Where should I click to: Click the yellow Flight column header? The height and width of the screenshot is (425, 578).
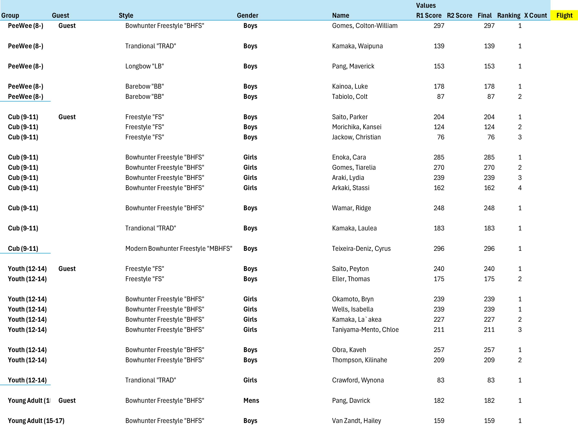pyautogui.click(x=564, y=15)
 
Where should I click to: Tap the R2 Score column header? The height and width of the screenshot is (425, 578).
pyautogui.click(x=459, y=15)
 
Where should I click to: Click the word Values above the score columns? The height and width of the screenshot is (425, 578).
pyautogui.click(x=426, y=6)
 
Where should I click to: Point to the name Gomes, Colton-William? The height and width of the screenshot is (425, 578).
pyautogui.click(x=365, y=26)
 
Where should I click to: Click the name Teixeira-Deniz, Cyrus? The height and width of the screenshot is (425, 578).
pyautogui.click(x=361, y=249)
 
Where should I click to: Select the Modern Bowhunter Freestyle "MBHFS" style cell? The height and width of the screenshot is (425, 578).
pyautogui.click(x=179, y=249)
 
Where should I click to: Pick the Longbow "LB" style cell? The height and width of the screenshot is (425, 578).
pyautogui.click(x=144, y=66)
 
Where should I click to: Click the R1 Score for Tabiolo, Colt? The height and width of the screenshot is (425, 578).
pyautogui.click(x=440, y=97)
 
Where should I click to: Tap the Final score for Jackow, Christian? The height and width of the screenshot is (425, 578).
pyautogui.click(x=491, y=137)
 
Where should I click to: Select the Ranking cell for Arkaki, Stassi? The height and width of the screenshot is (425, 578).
pyautogui.click(x=519, y=188)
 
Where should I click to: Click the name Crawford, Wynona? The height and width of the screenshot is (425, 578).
pyautogui.click(x=358, y=380)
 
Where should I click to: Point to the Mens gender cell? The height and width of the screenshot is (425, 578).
pyautogui.click(x=251, y=401)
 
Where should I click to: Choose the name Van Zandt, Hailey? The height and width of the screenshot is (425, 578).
pyautogui.click(x=356, y=421)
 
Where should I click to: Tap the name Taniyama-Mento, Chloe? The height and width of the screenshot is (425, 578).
pyautogui.click(x=365, y=330)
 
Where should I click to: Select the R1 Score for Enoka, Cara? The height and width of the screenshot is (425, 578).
pyautogui.click(x=439, y=157)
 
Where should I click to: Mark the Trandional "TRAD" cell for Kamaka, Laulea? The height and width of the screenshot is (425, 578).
pyautogui.click(x=151, y=228)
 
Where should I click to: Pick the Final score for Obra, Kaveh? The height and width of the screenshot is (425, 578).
pyautogui.click(x=489, y=350)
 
